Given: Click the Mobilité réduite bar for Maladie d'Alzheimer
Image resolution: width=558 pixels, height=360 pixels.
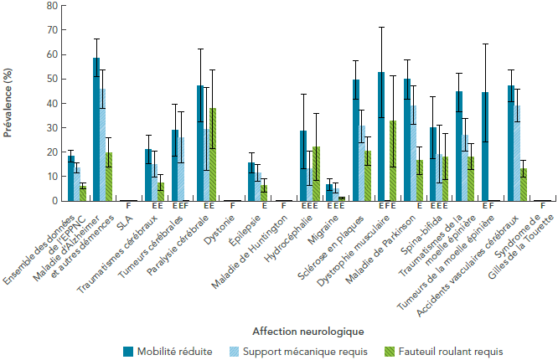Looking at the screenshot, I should click(x=96, y=130).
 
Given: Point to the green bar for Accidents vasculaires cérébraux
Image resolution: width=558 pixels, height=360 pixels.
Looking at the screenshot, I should click(x=523, y=185).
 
